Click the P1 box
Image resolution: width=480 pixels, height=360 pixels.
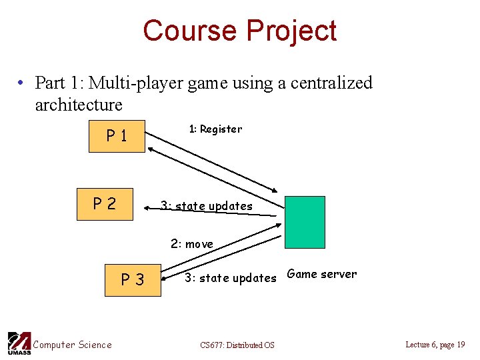tap(117, 137)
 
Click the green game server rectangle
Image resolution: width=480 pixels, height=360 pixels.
tap(305, 222)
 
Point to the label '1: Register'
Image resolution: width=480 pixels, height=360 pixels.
tap(215, 129)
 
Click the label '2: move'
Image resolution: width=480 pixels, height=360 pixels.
tap(192, 244)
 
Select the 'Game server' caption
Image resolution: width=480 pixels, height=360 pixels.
tap(321, 274)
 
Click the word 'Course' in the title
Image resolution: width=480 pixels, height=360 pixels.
tap(190, 31)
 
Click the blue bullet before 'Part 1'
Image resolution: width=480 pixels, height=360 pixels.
tap(22, 83)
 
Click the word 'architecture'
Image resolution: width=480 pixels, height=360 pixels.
tap(79, 105)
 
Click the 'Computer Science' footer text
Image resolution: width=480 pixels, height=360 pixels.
tap(72, 345)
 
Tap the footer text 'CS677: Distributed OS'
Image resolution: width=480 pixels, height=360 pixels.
tap(237, 345)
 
